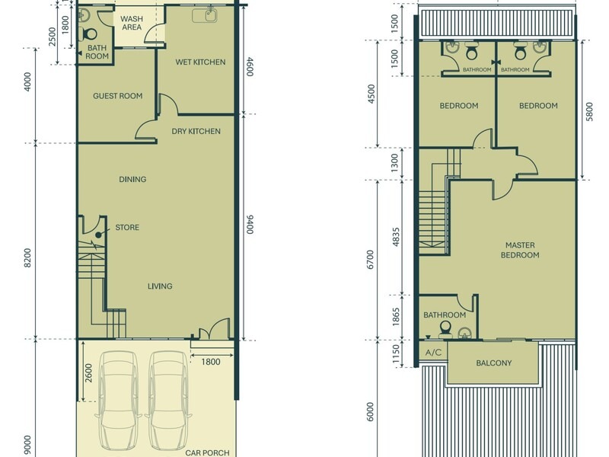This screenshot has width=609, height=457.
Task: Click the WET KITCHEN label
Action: [200, 62]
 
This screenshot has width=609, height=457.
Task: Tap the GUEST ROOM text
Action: [118, 96]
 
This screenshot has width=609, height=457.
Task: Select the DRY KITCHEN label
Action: [196, 131]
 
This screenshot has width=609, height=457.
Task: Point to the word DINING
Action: [132, 180]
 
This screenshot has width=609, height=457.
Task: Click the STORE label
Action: [127, 227]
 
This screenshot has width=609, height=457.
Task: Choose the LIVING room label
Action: [160, 286]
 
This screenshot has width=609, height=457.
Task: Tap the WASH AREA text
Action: [132, 23]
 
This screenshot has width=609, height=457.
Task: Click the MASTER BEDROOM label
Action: [520, 250]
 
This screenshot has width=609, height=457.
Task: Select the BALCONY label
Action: [493, 363]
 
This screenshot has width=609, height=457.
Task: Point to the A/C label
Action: [433, 353]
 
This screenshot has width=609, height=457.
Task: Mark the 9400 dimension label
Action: [250, 225]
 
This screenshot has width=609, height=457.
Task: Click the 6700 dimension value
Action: [371, 260]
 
